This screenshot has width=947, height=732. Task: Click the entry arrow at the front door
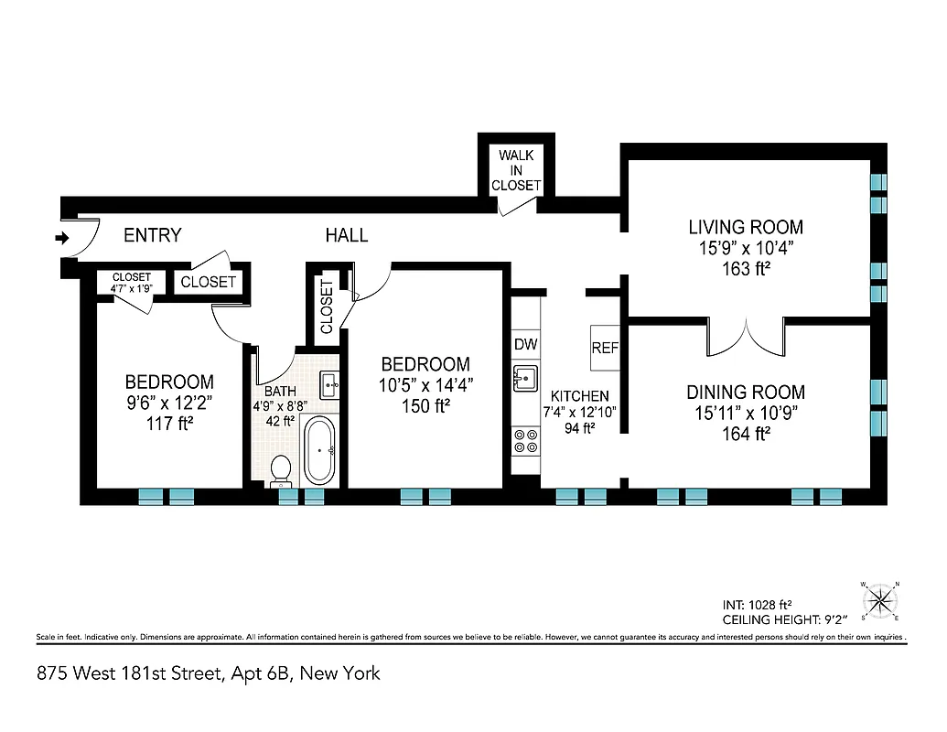tap(62, 239)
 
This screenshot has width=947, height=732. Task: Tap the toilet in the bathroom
tap(282, 469)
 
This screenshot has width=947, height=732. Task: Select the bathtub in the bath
tap(319, 451)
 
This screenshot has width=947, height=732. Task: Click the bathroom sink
tap(329, 382)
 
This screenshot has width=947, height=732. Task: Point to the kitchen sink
tap(525, 376)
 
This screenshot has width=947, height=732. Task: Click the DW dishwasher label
tap(525, 345)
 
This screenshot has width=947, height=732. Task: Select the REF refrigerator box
tap(606, 348)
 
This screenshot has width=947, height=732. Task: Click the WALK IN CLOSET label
tap(516, 170)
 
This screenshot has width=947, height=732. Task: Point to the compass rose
tap(879, 600)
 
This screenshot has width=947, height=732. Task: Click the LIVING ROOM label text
tap(746, 227)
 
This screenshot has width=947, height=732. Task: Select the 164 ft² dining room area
tap(746, 435)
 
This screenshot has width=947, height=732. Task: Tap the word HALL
tap(347, 236)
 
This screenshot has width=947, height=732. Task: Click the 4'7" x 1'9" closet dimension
tap(132, 289)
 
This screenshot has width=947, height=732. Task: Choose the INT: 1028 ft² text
tap(750, 604)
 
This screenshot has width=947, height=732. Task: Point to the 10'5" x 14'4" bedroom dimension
tap(425, 385)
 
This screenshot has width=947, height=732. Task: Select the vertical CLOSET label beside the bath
tap(326, 307)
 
